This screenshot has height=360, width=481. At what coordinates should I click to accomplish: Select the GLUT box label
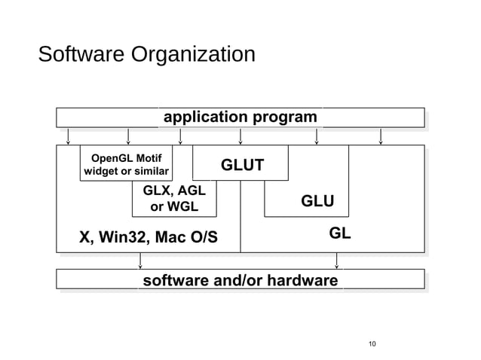[x=241, y=165]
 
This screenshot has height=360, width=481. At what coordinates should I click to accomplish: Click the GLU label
[x=317, y=201]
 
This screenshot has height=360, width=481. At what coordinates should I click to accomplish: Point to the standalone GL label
[x=340, y=233]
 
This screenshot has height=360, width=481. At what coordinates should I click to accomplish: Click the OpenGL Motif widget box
[x=126, y=164]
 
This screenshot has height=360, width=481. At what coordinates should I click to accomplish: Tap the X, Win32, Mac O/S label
[x=149, y=238]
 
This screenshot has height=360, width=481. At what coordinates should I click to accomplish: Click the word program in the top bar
[x=285, y=117]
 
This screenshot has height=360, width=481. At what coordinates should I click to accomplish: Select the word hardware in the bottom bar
[x=301, y=281]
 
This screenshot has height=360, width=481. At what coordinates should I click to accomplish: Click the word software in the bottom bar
[x=176, y=281]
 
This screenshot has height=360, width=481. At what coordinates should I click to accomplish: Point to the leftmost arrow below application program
[x=69, y=136]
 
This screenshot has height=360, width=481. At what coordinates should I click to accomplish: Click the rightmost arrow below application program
[x=381, y=136]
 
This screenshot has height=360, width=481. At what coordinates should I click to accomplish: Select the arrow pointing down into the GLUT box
[x=240, y=136]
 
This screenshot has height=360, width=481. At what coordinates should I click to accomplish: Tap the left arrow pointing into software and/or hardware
[x=140, y=261]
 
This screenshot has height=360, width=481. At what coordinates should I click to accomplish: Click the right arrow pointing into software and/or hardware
[x=336, y=261]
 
